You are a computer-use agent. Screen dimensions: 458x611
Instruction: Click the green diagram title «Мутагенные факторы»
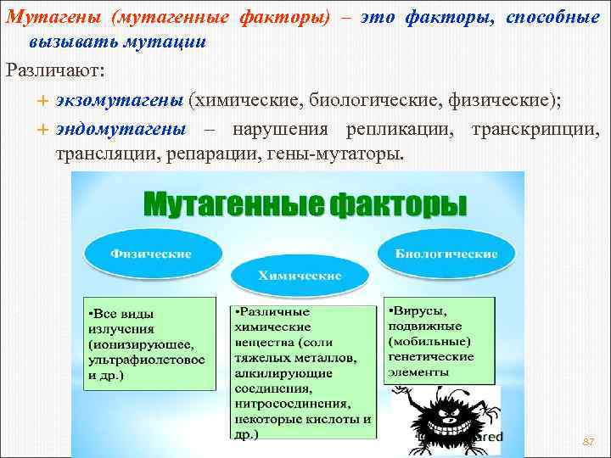click(304, 204)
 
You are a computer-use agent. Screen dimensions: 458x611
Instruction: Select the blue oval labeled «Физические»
click(153, 254)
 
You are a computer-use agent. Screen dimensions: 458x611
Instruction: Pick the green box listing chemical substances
click(303, 371)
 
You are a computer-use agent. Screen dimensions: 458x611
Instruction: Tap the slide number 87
click(587, 442)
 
